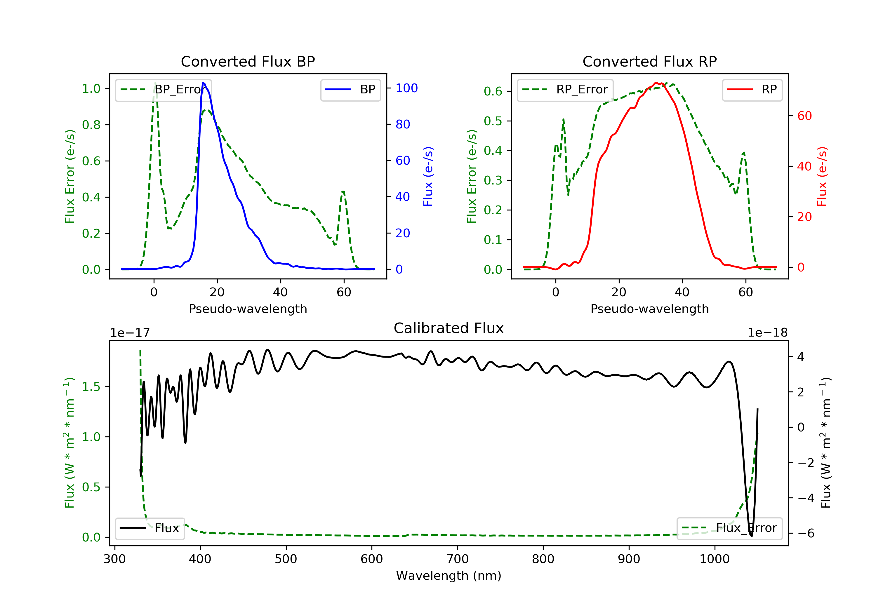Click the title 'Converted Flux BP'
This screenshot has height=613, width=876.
pyautogui.click(x=248, y=61)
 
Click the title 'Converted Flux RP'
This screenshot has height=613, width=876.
pyautogui.click(x=649, y=61)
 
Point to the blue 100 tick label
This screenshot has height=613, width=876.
pyautogui.click(x=406, y=88)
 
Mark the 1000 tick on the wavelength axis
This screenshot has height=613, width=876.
pyautogui.click(x=714, y=559)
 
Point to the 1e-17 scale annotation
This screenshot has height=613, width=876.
pyautogui.click(x=130, y=333)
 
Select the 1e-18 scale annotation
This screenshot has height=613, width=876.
pyautogui.click(x=768, y=333)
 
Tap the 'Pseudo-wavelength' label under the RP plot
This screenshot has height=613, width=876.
pyautogui.click(x=649, y=309)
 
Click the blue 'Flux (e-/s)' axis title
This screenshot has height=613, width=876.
pyautogui.click(x=428, y=176)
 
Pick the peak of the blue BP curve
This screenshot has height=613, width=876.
pyautogui.click(x=203, y=83)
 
